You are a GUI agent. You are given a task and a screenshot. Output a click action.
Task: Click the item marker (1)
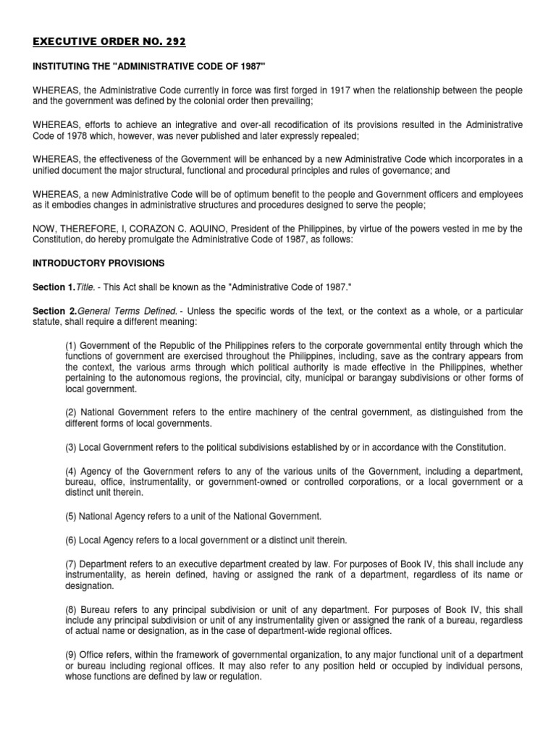pyautogui.click(x=71, y=346)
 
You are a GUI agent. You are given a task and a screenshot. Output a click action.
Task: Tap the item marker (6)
pyautogui.click(x=71, y=540)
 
